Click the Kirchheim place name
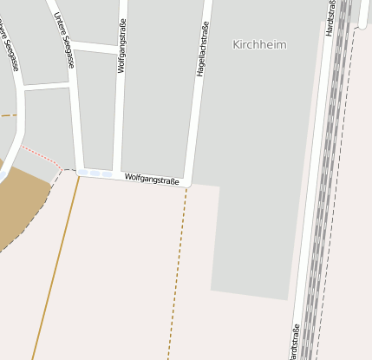click(259, 44)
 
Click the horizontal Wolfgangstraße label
click(152, 180)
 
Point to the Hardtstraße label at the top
click(330, 17)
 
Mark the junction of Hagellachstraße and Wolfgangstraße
click(188, 180)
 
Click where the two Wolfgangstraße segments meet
click(115, 174)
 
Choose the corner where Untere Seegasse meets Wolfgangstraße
click(81, 172)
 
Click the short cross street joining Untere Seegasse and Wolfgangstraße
click(94, 46)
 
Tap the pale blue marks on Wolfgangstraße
click(95, 174)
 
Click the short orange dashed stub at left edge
click(8, 115)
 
